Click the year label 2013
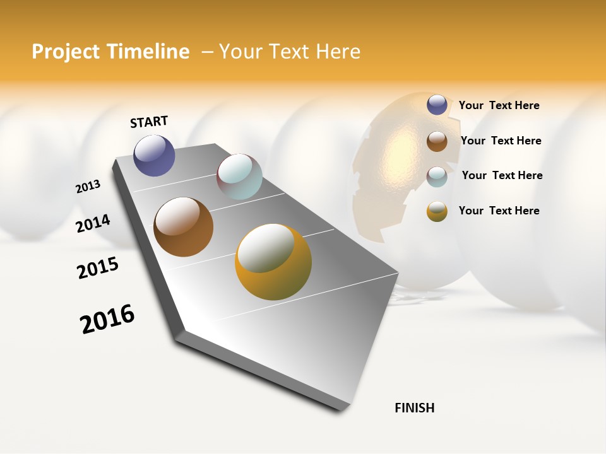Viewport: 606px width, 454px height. click(88, 187)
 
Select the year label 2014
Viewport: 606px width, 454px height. click(93, 224)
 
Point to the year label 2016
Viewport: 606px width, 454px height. click(107, 318)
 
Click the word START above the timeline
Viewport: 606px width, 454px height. click(149, 122)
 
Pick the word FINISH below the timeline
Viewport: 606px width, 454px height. click(415, 408)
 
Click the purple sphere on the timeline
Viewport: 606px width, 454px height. click(154, 155)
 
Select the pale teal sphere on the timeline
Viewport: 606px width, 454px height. click(239, 177)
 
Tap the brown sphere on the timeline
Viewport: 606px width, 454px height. click(183, 227)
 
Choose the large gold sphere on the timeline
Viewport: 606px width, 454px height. click(273, 262)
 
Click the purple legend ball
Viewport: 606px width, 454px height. click(437, 105)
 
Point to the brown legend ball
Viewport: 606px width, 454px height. click(437, 141)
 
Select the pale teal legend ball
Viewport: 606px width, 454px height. click(437, 176)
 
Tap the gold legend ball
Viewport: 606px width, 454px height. click(437, 211)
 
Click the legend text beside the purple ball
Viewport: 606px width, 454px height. click(499, 105)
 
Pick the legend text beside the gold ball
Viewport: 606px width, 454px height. click(499, 211)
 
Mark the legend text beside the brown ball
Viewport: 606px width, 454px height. click(501, 141)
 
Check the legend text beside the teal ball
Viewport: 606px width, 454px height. click(502, 175)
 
